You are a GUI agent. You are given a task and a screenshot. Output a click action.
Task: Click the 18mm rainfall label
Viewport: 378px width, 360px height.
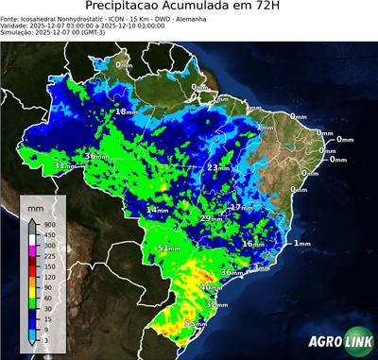tap(124, 111)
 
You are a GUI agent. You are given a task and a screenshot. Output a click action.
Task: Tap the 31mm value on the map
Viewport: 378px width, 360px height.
tap(62, 165)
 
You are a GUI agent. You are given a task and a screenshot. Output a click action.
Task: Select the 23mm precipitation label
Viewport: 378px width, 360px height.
tap(216, 168)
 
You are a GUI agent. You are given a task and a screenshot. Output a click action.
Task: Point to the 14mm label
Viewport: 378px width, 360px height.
tap(156, 209)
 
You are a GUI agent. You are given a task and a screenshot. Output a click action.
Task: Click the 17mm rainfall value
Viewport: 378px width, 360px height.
tap(240, 207)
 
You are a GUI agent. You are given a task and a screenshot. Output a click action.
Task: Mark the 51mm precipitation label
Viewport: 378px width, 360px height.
tap(167, 249)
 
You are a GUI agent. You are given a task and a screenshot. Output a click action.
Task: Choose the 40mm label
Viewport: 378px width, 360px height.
tap(211, 286)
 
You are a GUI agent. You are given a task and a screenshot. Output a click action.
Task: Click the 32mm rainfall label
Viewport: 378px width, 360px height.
tap(216, 305)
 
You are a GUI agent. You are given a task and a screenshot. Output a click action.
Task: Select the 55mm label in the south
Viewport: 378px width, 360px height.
tap(195, 324)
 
